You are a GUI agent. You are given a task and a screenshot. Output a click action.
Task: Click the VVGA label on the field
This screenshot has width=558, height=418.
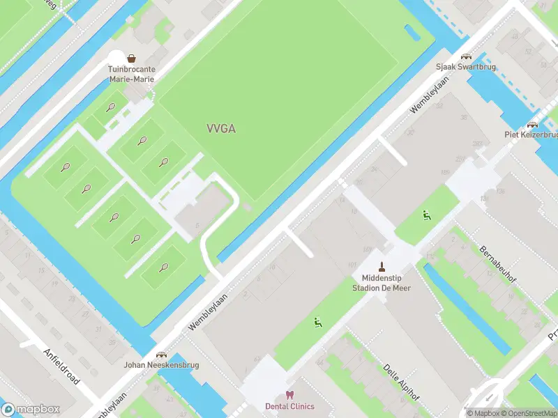pyautogui.click(x=221, y=128)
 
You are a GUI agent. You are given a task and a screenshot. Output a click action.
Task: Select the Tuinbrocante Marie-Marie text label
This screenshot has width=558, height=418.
pyautogui.click(x=131, y=74)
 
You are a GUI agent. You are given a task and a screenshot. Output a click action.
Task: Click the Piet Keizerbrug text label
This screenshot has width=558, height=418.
pyautogui.click(x=531, y=134)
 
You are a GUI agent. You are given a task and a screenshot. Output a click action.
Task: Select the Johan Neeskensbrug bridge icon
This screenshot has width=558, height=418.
pyautogui.click(x=162, y=355)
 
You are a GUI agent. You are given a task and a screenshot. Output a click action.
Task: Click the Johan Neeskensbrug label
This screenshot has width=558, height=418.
pyautogui.click(x=162, y=365)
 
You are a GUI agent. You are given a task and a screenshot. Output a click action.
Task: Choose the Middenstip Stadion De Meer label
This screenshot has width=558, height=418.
pyautogui.click(x=382, y=283)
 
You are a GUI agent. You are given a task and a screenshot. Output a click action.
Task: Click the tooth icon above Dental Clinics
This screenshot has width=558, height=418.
pyautogui.click(x=289, y=394)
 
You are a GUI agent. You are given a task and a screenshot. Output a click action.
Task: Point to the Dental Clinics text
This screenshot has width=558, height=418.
pyautogui.click(x=289, y=406)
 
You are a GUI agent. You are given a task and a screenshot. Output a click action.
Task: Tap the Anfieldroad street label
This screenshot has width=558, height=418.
pyautogui.click(x=61, y=366)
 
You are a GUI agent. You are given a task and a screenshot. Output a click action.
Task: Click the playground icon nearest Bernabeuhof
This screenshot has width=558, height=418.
pyautogui.click(x=425, y=215)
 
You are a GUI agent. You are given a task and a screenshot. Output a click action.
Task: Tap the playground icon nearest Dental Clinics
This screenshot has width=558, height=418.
pyautogui.click(x=317, y=322)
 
